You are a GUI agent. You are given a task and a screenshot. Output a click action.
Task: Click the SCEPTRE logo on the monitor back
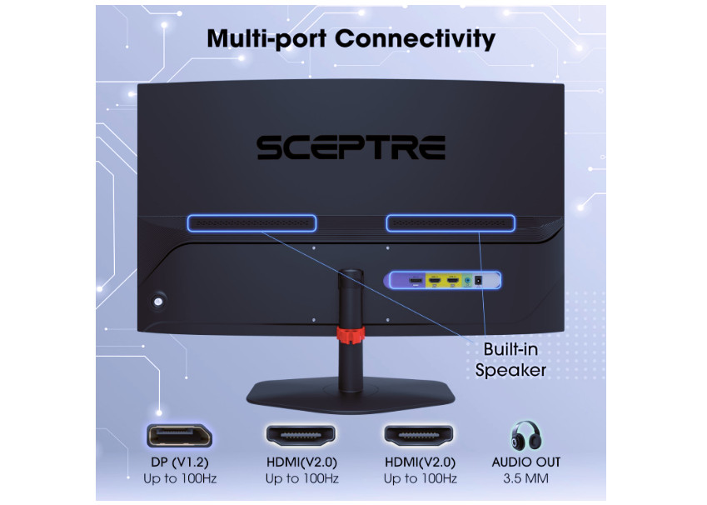(x=351, y=147)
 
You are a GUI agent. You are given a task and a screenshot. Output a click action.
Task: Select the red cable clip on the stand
(x=351, y=336)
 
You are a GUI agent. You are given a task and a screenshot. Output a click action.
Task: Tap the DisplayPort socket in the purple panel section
(x=414, y=281)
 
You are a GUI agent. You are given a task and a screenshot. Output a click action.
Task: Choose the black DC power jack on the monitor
(x=480, y=282)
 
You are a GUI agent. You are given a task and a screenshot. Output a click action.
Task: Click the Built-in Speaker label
(x=510, y=359)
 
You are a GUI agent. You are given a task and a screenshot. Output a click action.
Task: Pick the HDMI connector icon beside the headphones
(x=418, y=434)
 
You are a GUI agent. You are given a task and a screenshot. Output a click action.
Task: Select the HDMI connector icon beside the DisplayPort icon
(x=300, y=434)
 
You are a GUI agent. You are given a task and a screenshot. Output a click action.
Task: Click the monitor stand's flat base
(x=351, y=391)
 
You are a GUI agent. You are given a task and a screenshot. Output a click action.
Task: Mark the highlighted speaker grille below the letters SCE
(x=251, y=223)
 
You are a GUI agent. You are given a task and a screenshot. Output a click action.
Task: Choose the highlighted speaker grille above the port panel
(x=450, y=223)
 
